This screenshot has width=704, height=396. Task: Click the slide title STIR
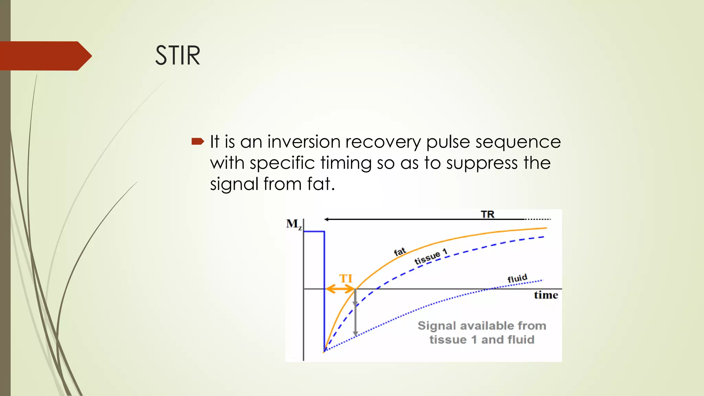[177, 55]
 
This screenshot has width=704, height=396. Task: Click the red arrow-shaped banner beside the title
[45, 56]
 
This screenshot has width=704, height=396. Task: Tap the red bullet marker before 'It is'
[198, 141]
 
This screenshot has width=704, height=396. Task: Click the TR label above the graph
[487, 214]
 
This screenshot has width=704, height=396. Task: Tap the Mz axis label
[294, 224]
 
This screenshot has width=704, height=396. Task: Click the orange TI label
[346, 278]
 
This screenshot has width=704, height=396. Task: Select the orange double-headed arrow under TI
[340, 289]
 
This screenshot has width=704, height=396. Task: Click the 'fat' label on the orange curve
[400, 252]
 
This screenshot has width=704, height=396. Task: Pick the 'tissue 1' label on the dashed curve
[431, 257]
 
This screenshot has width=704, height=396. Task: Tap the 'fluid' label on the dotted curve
[517, 278]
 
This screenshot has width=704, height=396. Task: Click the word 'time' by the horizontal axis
[546, 295]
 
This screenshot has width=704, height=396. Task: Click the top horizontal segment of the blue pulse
[314, 232]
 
